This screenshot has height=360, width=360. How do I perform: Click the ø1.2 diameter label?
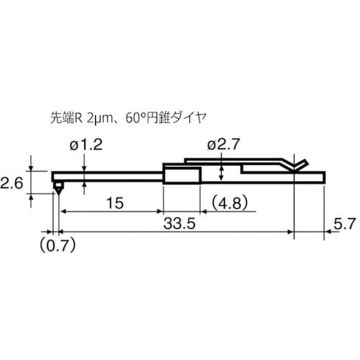(86, 145)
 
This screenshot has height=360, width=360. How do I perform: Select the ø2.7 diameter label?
(223, 145)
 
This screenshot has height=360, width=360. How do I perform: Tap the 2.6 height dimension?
(13, 184)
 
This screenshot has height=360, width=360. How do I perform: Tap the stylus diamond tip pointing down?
(58, 189)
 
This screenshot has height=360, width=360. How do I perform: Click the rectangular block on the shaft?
(182, 174)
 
